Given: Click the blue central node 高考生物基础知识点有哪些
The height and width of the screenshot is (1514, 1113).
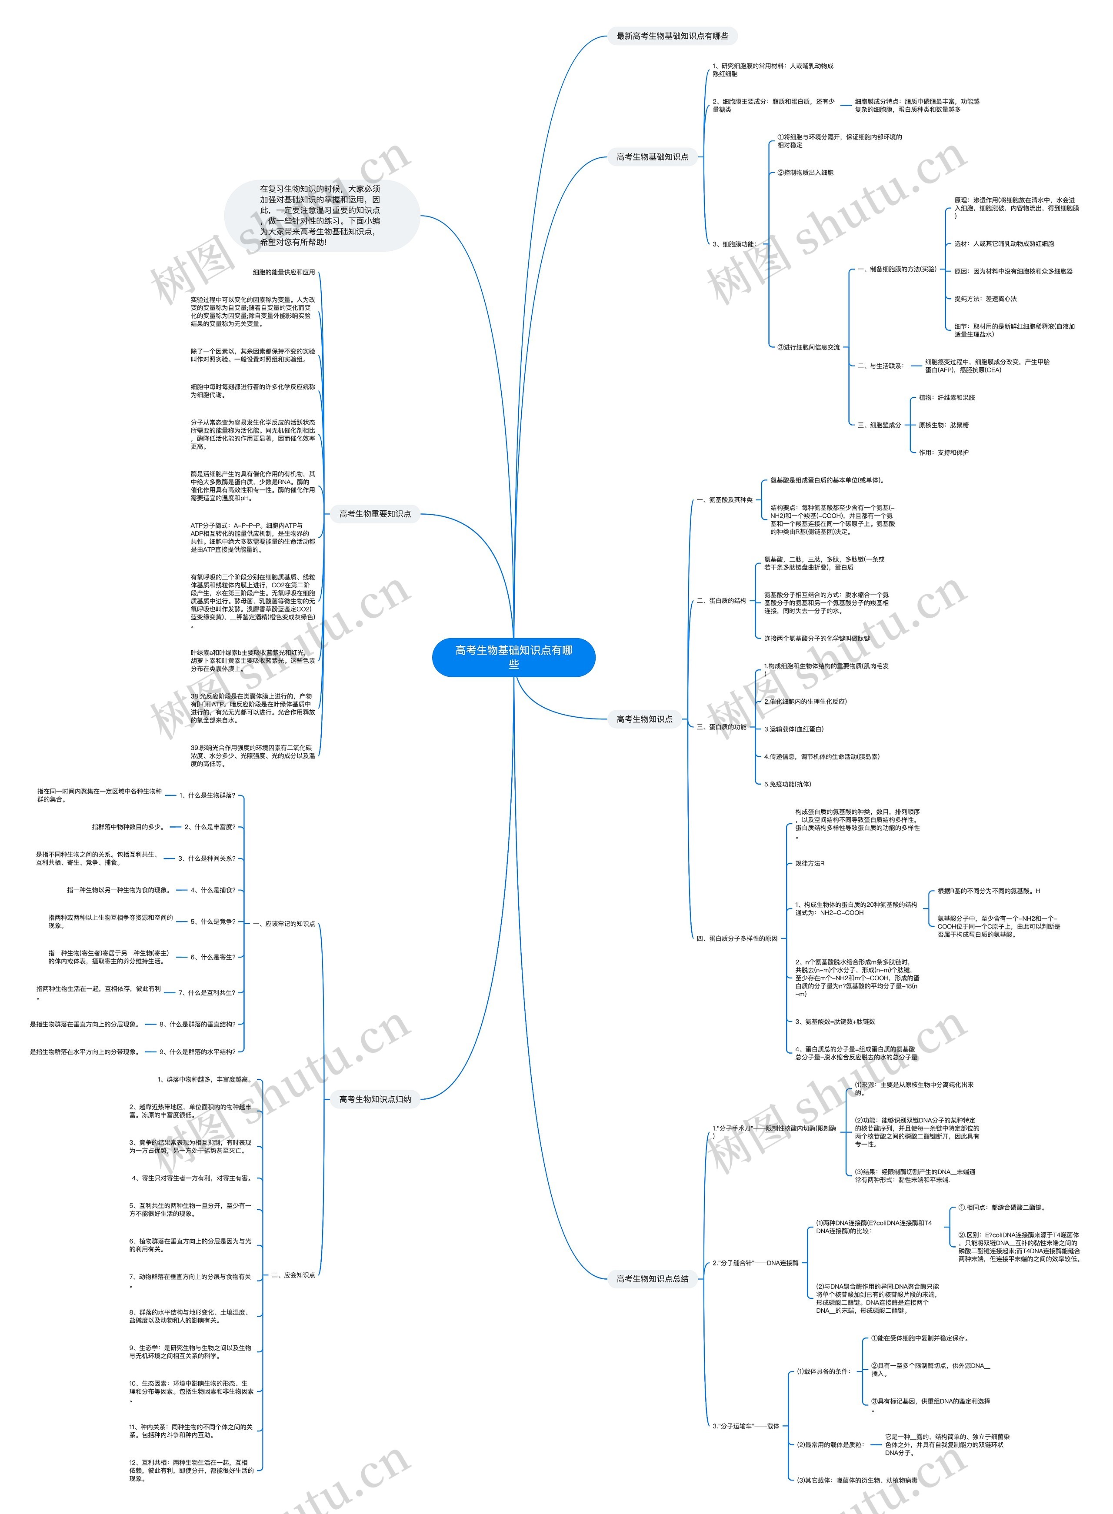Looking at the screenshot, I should point(513,657).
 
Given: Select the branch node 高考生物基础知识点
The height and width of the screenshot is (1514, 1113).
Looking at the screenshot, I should point(652,157).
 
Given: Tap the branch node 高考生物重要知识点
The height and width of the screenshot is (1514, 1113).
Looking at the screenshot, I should point(375,514).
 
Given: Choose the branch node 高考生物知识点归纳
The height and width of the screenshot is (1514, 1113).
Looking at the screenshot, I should point(375,1099).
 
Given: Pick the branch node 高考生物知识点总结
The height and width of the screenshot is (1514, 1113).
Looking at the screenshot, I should point(652,1278).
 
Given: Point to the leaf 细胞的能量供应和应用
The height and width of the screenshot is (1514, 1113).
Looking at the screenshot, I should point(283,272).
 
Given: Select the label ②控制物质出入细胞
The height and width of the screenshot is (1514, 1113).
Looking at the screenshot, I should point(805,173).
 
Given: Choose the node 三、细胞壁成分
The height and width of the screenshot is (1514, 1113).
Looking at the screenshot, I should point(879,425).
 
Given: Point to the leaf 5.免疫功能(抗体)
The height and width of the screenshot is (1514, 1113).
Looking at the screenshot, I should point(788,784).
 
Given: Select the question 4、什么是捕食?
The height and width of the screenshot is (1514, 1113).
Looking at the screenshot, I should point(213,890).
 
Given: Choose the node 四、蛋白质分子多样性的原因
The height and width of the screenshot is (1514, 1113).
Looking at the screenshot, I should point(736,938).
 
